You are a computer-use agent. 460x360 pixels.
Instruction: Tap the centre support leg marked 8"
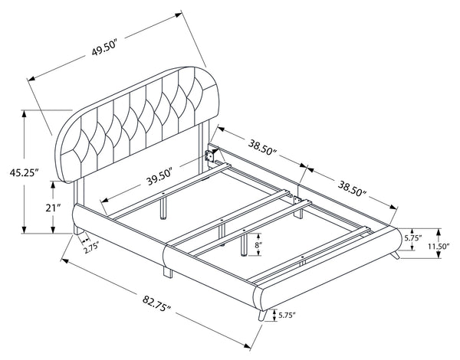point(243,244)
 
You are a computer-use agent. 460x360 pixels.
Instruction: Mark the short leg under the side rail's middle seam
point(165,270)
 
